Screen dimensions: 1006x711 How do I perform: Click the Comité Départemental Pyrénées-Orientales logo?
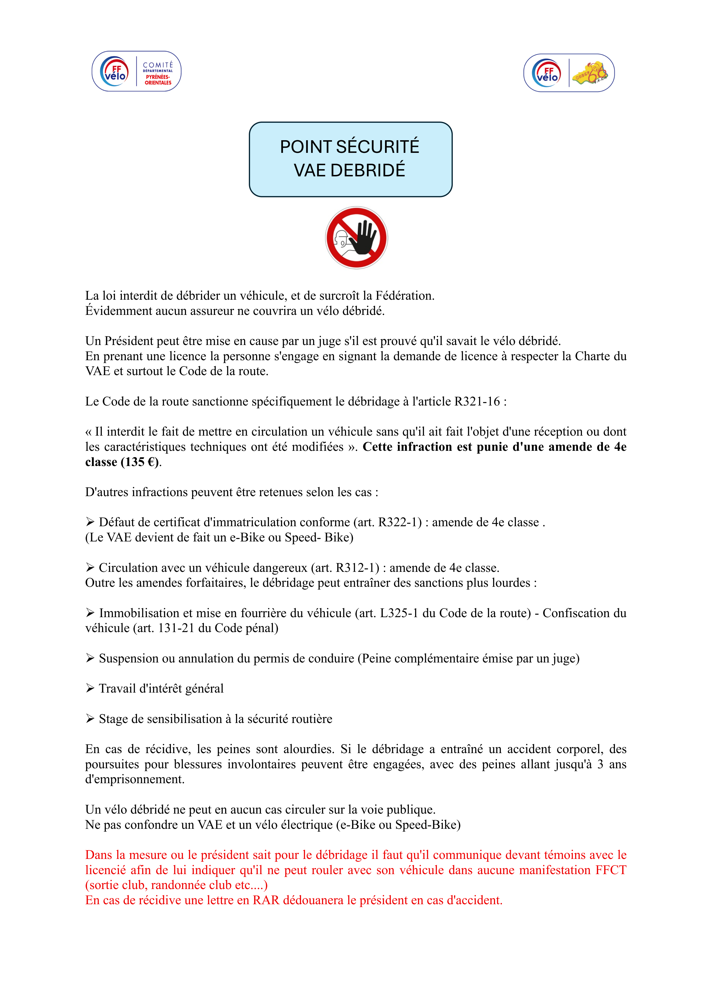[136, 71]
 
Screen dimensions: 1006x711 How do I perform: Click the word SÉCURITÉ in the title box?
[377, 147]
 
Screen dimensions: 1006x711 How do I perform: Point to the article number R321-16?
[477, 401]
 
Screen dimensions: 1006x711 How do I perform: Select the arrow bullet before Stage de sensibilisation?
[90, 719]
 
